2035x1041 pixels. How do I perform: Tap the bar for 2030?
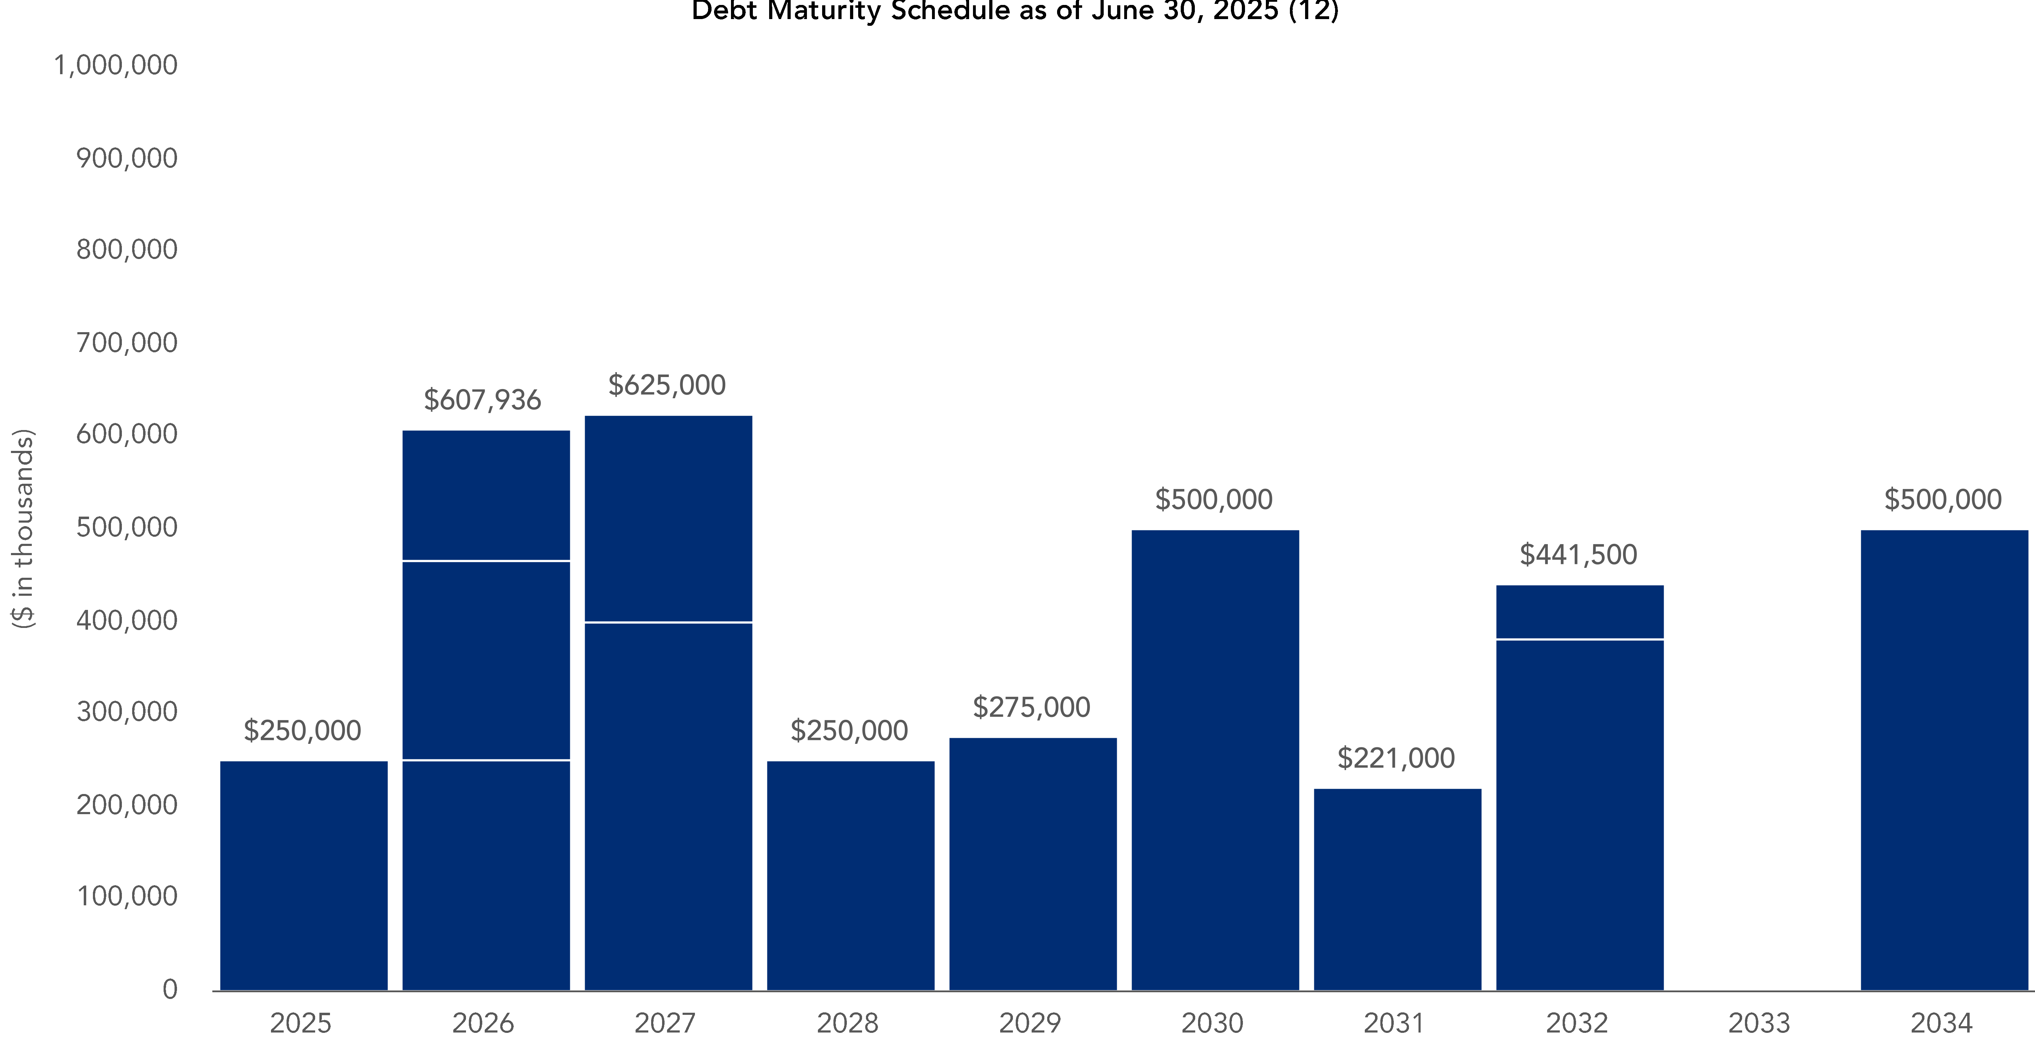(1215, 760)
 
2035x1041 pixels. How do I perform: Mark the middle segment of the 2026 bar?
(486, 660)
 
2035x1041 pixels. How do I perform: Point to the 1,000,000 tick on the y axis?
(115, 66)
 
